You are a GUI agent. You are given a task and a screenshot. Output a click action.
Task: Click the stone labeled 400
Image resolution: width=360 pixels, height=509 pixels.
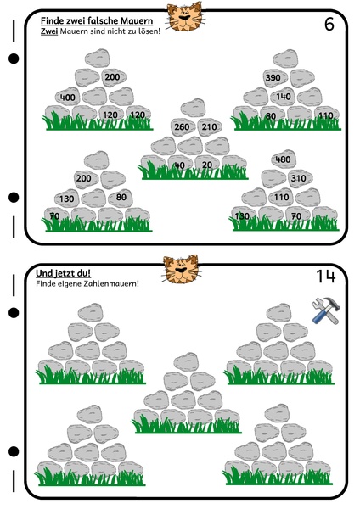[x=68, y=97]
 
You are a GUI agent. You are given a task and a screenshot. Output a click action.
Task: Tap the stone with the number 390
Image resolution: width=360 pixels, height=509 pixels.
[x=276, y=78]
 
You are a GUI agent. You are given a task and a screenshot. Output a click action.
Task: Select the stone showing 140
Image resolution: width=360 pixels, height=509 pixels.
[x=283, y=97]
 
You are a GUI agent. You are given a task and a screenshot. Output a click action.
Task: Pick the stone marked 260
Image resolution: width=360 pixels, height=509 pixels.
[x=183, y=126]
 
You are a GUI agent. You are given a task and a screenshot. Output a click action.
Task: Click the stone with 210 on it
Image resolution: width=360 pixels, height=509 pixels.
[x=210, y=126]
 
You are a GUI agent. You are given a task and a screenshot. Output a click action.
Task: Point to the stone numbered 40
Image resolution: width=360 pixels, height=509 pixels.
[x=180, y=164]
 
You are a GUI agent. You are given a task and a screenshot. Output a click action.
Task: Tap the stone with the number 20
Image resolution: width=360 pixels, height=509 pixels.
[x=207, y=164]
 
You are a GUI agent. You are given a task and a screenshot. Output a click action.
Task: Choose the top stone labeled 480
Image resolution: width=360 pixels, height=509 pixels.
[x=284, y=159]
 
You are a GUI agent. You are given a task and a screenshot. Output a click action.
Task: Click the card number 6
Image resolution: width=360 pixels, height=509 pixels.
[x=329, y=24]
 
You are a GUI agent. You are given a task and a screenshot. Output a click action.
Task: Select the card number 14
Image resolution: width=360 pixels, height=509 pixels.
[x=325, y=277]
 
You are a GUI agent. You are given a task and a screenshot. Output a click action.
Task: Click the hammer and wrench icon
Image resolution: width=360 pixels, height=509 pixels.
[x=325, y=310]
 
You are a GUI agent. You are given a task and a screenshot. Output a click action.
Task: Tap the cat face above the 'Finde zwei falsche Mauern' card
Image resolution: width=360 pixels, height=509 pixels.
[x=185, y=17]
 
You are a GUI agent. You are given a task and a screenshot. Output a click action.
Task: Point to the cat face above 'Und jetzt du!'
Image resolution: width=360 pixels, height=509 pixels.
[x=181, y=269]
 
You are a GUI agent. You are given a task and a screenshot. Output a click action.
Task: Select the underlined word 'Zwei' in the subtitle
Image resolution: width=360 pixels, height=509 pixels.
[x=49, y=31]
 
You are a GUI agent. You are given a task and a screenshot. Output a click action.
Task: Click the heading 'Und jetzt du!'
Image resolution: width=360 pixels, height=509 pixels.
[x=63, y=273]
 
